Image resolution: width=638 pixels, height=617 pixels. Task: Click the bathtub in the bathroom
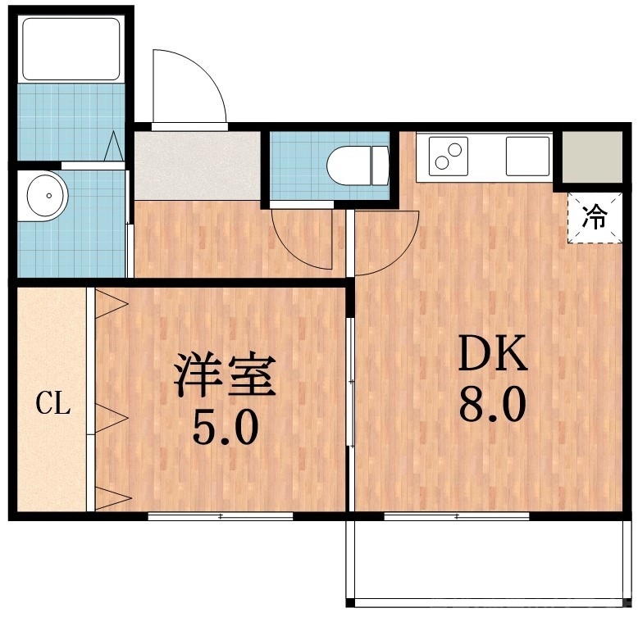[x=71, y=48]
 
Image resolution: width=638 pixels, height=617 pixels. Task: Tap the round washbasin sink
[x=48, y=197]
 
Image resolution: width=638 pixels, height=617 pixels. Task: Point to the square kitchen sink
[x=526, y=156]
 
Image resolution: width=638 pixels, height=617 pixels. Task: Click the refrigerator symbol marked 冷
[x=595, y=217]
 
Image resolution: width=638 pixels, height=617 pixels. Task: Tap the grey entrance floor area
[x=197, y=166]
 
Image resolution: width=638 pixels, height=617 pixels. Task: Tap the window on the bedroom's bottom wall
[x=221, y=516]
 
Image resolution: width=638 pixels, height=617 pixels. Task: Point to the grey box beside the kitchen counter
[x=589, y=156]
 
